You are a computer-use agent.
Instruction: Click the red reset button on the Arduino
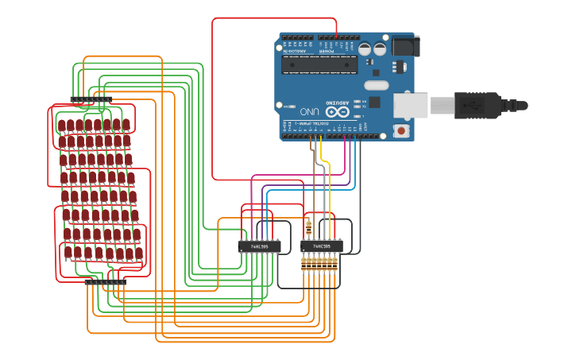(401, 130)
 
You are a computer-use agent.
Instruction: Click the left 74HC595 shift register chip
(259, 246)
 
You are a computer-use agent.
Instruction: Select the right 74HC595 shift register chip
(322, 246)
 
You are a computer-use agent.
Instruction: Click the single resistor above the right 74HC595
(308, 229)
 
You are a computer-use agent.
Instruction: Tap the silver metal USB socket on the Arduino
(411, 105)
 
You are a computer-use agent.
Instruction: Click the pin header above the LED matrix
(91, 100)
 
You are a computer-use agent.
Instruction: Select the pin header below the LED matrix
(106, 281)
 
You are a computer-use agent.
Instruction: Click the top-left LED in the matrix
(61, 125)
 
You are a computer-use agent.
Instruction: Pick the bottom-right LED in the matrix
(139, 253)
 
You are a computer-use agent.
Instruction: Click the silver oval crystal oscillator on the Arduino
(376, 85)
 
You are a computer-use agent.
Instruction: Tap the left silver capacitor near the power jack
(365, 49)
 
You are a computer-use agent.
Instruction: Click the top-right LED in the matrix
(126, 124)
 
